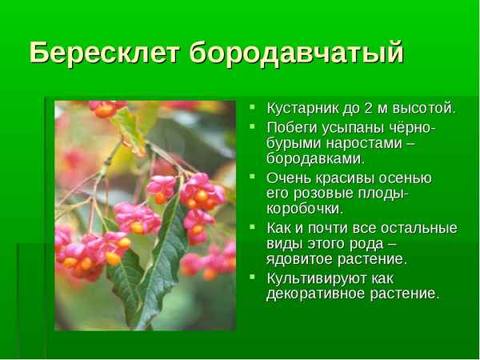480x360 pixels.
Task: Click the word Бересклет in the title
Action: point(106,53)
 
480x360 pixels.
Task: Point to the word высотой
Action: point(426,108)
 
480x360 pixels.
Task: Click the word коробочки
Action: point(305,209)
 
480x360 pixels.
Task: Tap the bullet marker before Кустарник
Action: point(253,107)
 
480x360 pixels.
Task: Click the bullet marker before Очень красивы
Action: point(253,177)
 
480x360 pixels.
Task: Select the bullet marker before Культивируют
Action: point(253,278)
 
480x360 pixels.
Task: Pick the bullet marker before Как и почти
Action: point(253,227)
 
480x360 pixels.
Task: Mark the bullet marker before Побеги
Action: point(253,127)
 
